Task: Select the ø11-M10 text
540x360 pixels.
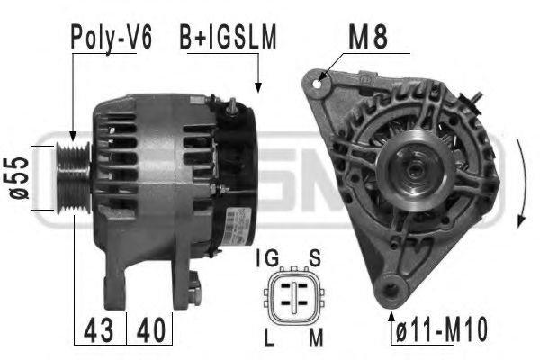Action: [440, 330]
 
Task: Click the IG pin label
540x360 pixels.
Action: [267, 259]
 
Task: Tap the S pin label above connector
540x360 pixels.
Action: [314, 259]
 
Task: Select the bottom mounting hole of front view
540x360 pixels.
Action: [391, 290]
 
